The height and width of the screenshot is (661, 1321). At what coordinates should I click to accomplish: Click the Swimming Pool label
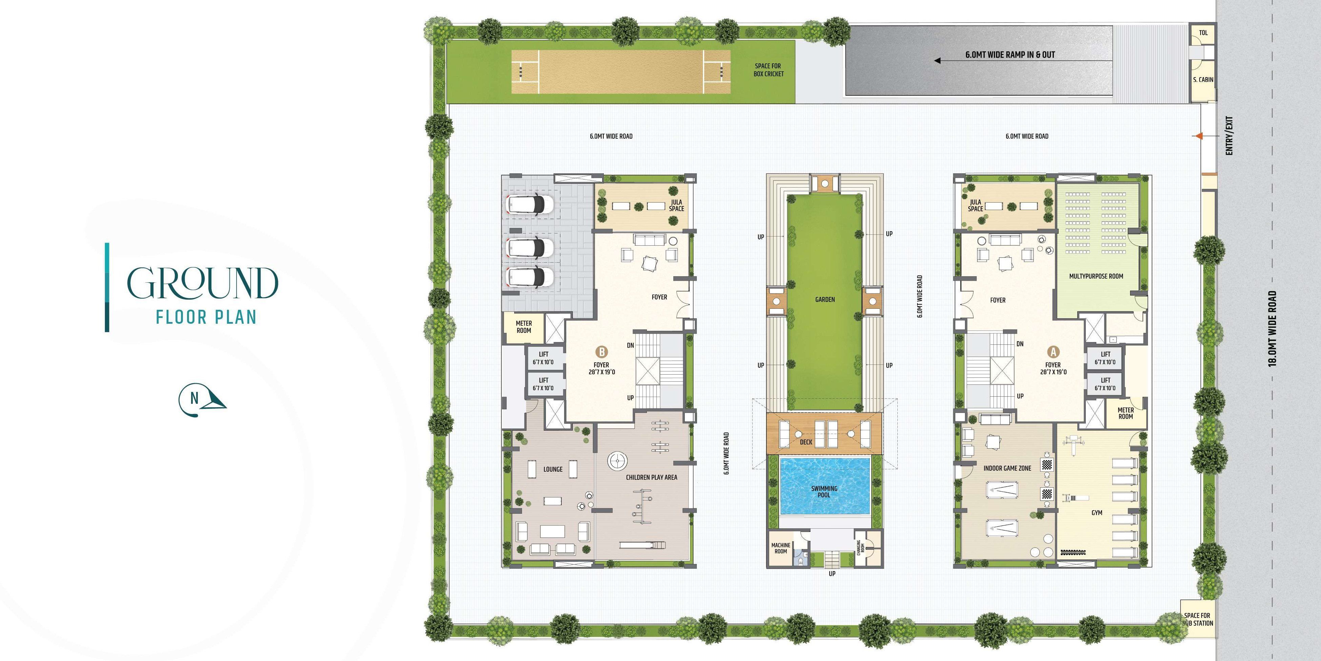click(824, 491)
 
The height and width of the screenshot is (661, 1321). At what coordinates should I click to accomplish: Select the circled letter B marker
click(601, 352)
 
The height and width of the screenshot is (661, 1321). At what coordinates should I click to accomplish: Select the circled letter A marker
click(1053, 352)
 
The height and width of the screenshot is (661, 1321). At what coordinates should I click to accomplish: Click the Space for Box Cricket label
click(768, 70)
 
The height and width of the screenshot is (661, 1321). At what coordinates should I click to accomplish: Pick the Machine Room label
click(781, 548)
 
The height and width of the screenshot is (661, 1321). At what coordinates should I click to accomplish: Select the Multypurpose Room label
click(1096, 276)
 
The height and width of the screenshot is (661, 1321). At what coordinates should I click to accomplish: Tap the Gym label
click(1096, 513)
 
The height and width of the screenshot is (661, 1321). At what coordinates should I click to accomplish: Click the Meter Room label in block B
click(524, 327)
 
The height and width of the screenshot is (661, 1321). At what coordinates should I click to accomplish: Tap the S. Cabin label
click(1203, 79)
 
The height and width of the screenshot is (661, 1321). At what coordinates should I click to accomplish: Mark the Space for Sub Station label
click(1197, 619)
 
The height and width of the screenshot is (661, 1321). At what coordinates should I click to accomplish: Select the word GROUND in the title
click(203, 283)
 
